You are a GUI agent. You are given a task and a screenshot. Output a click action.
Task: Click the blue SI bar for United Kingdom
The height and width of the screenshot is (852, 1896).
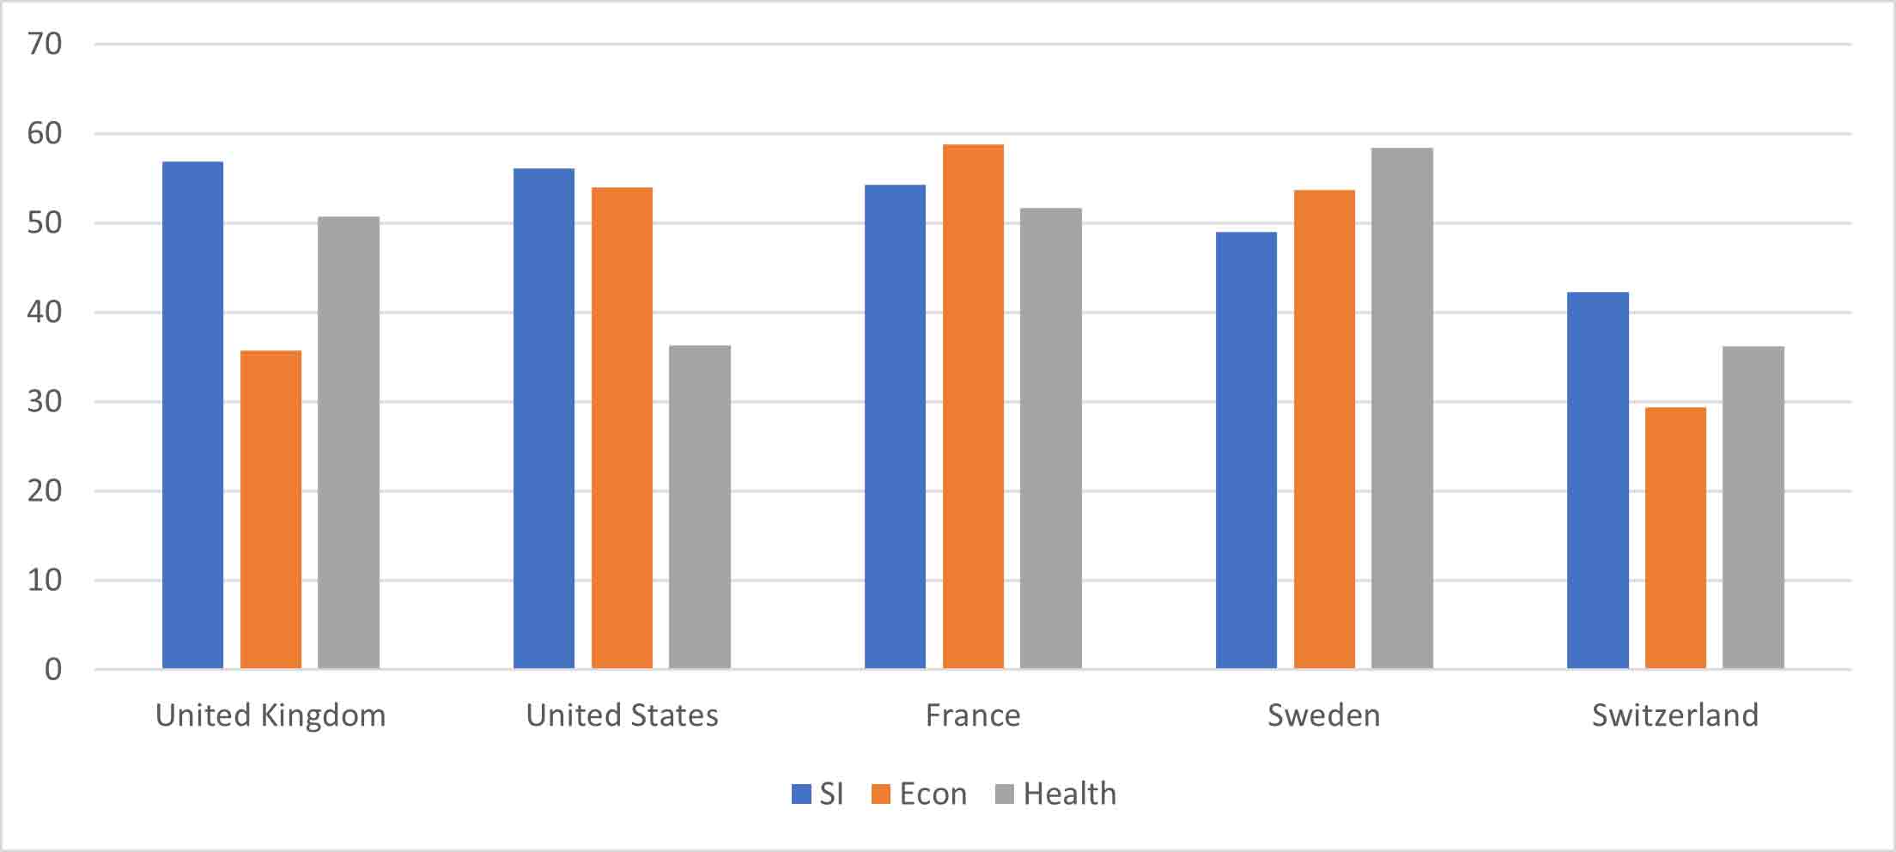(x=192, y=415)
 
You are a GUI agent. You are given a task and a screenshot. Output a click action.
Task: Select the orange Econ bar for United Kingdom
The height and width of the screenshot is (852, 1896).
(x=270, y=509)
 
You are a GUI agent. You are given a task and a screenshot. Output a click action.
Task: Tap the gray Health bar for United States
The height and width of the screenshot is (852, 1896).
(x=700, y=507)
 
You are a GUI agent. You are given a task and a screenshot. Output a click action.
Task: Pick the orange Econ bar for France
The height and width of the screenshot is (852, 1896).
(x=973, y=406)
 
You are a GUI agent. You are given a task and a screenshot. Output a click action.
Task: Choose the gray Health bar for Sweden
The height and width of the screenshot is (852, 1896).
(x=1401, y=408)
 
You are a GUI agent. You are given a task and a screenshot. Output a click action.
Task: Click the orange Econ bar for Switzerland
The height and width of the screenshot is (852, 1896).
(x=1675, y=538)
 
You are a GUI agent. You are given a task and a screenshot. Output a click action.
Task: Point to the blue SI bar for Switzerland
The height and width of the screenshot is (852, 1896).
(x=1597, y=480)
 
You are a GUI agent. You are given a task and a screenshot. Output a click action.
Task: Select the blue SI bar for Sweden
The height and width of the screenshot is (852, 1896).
(x=1246, y=450)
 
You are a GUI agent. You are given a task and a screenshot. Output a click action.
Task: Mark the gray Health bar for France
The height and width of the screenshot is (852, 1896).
(x=1050, y=438)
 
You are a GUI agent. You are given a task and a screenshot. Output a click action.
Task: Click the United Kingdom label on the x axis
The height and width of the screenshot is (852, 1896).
(x=270, y=715)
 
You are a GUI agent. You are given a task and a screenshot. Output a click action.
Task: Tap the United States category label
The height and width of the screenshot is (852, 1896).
(x=622, y=715)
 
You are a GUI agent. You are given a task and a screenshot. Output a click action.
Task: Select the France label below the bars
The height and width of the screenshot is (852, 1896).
(x=973, y=715)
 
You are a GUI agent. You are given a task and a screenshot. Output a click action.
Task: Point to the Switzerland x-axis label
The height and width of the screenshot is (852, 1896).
(x=1675, y=715)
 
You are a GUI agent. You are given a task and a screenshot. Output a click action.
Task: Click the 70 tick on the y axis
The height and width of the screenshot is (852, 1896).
(x=45, y=44)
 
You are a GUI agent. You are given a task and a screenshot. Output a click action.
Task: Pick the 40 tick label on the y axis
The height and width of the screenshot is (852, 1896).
(x=45, y=312)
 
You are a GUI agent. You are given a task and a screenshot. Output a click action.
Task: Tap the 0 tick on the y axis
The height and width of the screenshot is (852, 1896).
(x=53, y=669)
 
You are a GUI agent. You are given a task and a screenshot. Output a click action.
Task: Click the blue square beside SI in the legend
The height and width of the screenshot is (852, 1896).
(x=801, y=794)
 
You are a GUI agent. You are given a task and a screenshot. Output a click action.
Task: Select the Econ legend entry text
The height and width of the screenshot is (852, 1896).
(x=933, y=794)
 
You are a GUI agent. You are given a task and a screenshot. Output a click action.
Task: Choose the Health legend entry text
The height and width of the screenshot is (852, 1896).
(x=1070, y=794)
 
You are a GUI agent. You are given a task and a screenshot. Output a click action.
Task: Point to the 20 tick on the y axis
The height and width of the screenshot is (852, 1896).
(x=45, y=490)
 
